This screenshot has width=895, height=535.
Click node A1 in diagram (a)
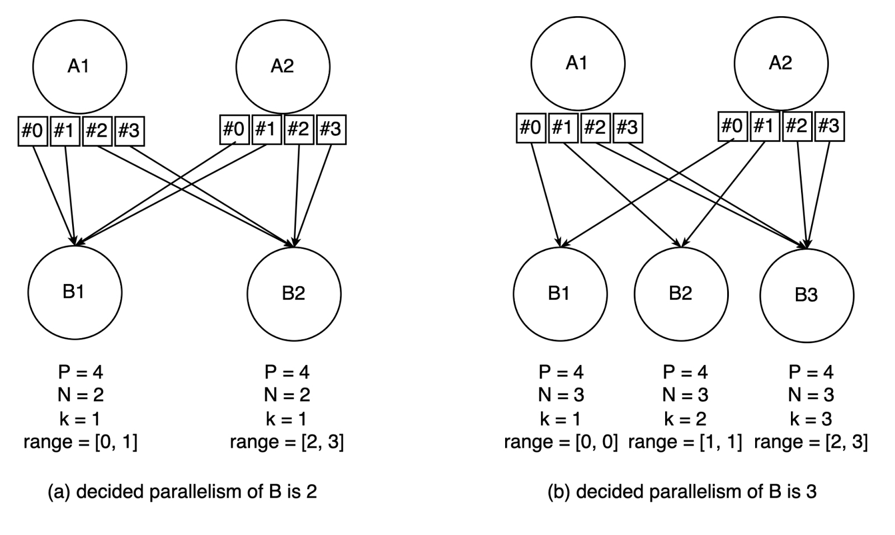tap(79, 67)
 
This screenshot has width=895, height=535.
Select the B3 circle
tap(807, 295)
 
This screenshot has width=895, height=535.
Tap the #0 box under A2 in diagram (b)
tap(732, 126)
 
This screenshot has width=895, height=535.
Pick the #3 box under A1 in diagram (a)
tap(129, 131)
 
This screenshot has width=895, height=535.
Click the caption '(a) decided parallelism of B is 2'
tap(182, 491)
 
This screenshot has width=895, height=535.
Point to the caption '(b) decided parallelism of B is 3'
tap(682, 491)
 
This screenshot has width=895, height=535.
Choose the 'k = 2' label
tap(685, 419)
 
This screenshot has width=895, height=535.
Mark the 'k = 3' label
tap(811, 419)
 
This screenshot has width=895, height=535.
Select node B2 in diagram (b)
tap(681, 293)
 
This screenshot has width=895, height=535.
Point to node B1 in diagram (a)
tap(74, 292)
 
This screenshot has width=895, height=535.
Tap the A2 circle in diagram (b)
tap(780, 63)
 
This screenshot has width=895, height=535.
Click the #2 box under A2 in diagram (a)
tap(299, 130)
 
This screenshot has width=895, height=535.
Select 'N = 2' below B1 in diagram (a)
tap(81, 395)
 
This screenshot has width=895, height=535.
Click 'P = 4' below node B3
tap(811, 372)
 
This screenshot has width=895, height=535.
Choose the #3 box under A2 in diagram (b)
tap(829, 126)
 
